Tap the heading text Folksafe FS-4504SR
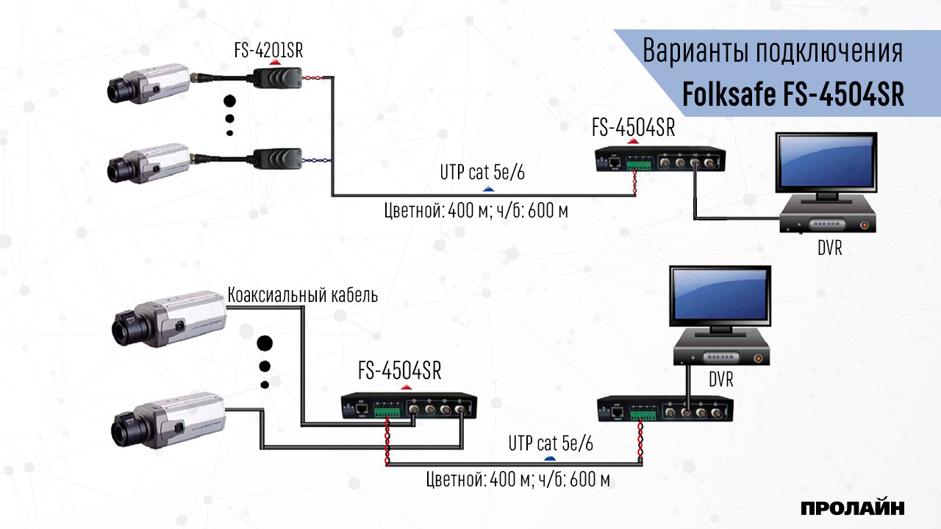tap(793, 94)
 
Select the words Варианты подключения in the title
tap(772, 52)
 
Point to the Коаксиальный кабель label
tap(303, 295)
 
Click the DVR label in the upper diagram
tap(829, 248)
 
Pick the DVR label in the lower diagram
tap(721, 381)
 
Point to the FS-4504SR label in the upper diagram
tap(633, 129)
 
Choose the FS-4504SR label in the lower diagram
tap(399, 371)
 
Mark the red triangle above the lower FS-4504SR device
tap(405, 386)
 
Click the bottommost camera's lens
tap(121, 425)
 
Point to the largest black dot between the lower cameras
tap(265, 344)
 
